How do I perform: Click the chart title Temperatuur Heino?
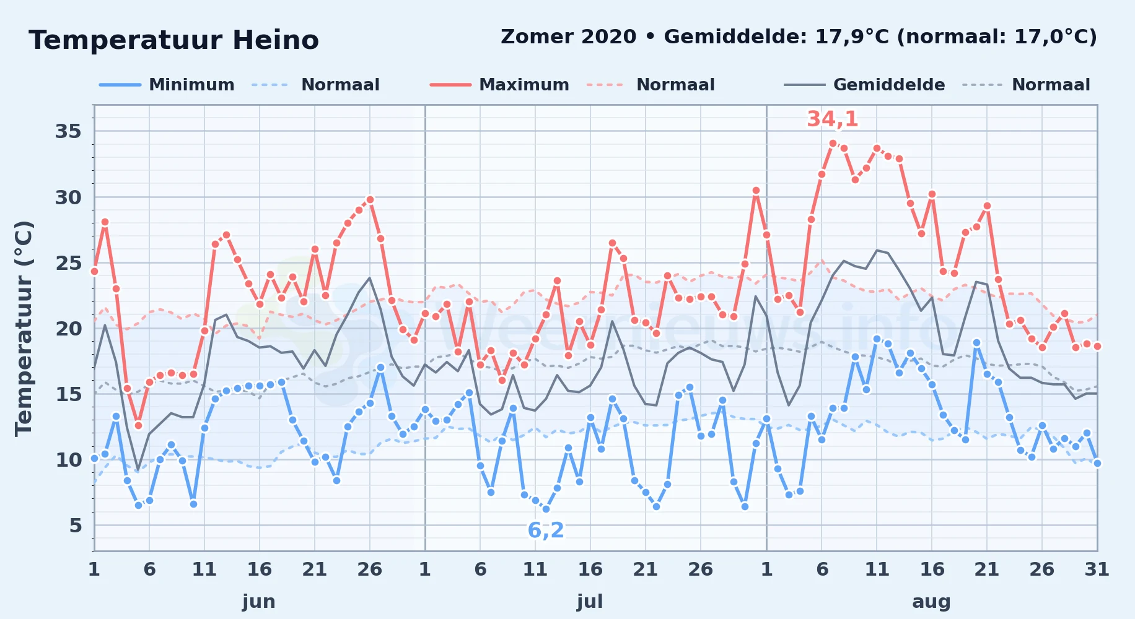pyautogui.click(x=173, y=40)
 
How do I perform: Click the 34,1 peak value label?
pyautogui.click(x=833, y=119)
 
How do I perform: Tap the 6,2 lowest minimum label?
pyautogui.click(x=546, y=530)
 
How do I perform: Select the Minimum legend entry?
pyautogui.click(x=167, y=85)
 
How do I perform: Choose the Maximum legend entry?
pyautogui.click(x=499, y=85)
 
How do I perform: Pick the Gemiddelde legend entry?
pyautogui.click(x=864, y=85)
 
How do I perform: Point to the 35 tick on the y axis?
pyautogui.click(x=68, y=131)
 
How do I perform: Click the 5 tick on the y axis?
pyautogui.click(x=76, y=526)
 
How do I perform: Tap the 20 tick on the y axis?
pyautogui.click(x=68, y=328)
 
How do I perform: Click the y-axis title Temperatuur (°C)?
pyautogui.click(x=24, y=328)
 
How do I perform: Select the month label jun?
pyautogui.click(x=259, y=601)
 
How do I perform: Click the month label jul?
pyautogui.click(x=590, y=601)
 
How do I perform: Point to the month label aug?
pyautogui.click(x=931, y=601)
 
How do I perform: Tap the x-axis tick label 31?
pyautogui.click(x=1097, y=569)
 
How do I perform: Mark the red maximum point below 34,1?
pyautogui.click(x=833, y=143)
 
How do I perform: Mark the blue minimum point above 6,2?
pyautogui.click(x=546, y=509)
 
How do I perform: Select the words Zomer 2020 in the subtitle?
pyautogui.click(x=568, y=37)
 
